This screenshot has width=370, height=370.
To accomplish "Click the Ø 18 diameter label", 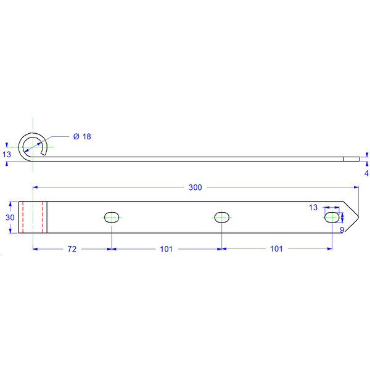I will click(x=81, y=136).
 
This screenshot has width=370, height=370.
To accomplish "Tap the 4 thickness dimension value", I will click(x=366, y=173).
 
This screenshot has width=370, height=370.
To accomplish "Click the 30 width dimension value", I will click(x=10, y=217).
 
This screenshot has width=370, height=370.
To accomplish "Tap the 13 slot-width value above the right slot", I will click(x=313, y=208).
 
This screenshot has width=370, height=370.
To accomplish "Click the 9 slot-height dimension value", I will click(x=342, y=230).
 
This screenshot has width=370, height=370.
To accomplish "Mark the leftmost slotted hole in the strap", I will click(x=112, y=216).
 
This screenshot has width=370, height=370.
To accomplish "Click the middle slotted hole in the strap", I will click(x=221, y=216).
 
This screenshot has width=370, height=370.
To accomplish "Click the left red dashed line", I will click(x=23, y=217).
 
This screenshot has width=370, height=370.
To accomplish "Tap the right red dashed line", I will click(x=42, y=217).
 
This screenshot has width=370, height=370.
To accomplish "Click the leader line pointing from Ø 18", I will click(x=59, y=137).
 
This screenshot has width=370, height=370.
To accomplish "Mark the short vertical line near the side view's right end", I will click(x=343, y=158).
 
